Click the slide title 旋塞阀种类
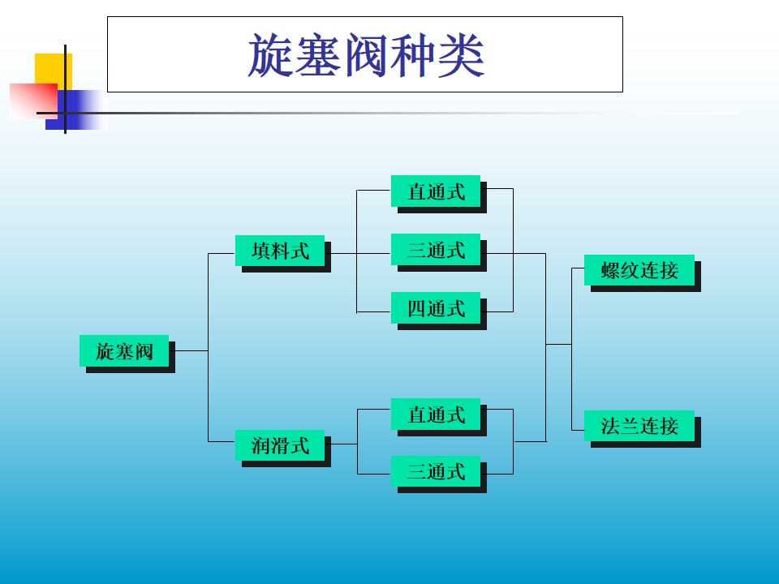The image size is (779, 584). pyautogui.click(x=365, y=54)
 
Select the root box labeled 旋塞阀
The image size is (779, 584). pyautogui.click(x=124, y=351)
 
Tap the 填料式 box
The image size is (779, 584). pyautogui.click(x=280, y=251)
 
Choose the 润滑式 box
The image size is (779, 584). pyautogui.click(x=280, y=444)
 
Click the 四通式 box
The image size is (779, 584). pyautogui.click(x=436, y=308)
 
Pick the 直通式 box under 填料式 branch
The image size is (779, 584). pyautogui.click(x=436, y=191)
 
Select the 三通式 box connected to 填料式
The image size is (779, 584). pyautogui.click(x=436, y=250)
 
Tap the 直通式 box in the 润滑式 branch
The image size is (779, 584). pyautogui.click(x=436, y=414)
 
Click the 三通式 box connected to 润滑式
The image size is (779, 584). pyautogui.click(x=436, y=471)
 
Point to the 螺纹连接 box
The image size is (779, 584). pyautogui.click(x=639, y=270)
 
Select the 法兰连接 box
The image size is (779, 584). pyautogui.click(x=639, y=425)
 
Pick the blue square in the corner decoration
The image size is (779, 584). pyautogui.click(x=80, y=109)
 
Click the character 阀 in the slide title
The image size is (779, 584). pyautogui.click(x=366, y=55)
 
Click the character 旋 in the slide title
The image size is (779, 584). pyautogui.click(x=269, y=55)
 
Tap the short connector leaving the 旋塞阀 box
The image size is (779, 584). pyautogui.click(x=192, y=350)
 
